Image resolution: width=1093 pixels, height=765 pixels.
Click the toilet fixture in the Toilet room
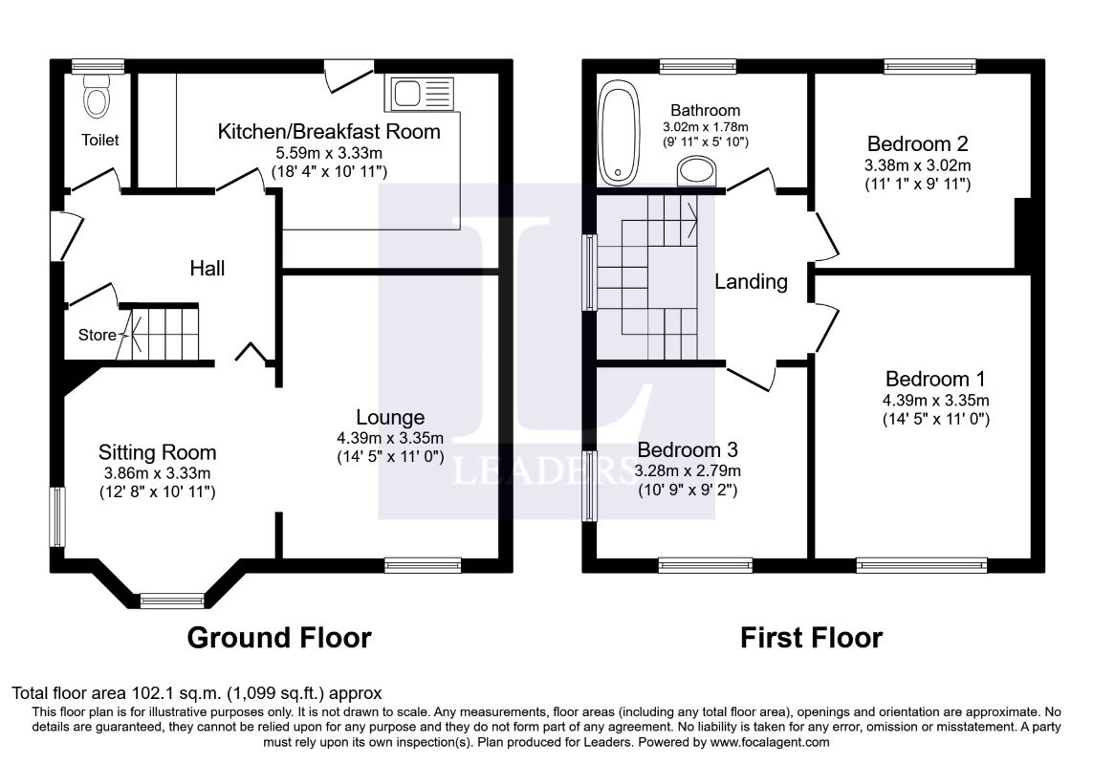pos(97,97)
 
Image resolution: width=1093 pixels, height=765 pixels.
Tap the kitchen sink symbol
pos(419,94)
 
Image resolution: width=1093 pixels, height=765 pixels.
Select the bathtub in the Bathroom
pos(619,133)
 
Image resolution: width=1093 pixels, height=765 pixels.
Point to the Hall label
pos(207,269)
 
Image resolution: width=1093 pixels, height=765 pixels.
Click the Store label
pos(97,335)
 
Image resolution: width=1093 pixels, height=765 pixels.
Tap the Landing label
pos(751,282)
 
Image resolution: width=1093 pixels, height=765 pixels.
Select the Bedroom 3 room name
pos(688,449)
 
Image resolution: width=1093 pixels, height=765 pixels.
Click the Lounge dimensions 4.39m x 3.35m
pos(390,438)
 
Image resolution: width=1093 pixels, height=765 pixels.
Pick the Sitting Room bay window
pos(172,600)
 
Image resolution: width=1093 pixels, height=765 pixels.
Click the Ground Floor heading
pos(279,638)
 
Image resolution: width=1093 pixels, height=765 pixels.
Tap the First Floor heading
pos(812,638)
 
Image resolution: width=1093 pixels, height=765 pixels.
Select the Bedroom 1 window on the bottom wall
pos(922,565)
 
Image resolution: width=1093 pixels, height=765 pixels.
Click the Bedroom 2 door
pos(826,235)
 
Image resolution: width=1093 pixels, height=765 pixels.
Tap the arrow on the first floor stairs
pos(692,219)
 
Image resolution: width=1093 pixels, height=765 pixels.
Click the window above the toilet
pos(98,66)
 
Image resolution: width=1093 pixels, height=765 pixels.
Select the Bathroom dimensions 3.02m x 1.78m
pos(706,127)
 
